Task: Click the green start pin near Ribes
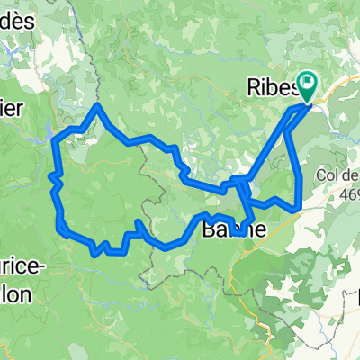307,87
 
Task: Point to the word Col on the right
328,176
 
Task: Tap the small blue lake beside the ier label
45,136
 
